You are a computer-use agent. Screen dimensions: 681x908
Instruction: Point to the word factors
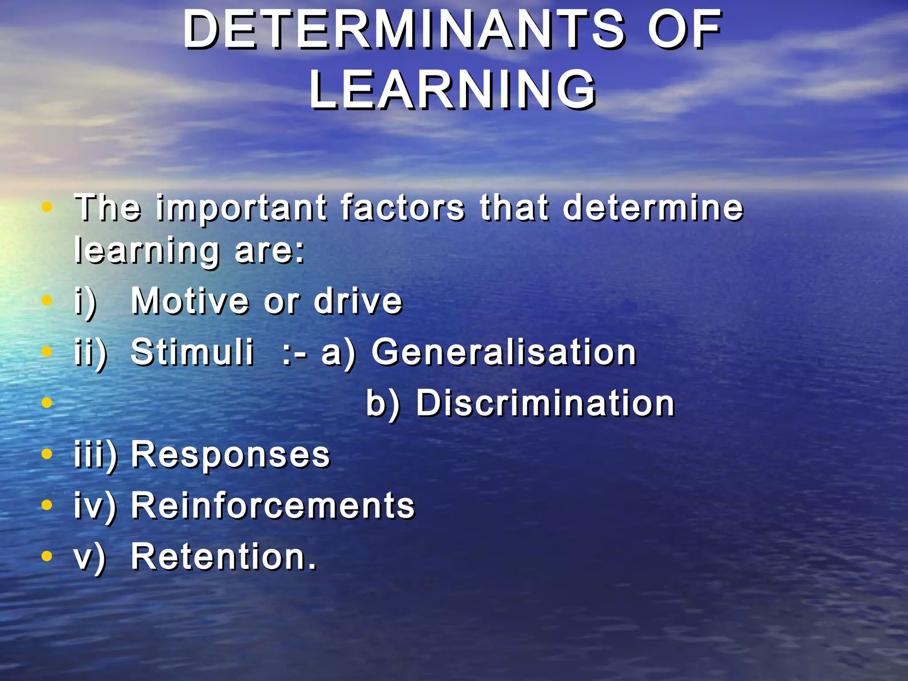click(x=403, y=207)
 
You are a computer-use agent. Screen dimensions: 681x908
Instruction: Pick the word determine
click(x=653, y=207)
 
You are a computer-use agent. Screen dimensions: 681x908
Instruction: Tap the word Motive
click(x=190, y=301)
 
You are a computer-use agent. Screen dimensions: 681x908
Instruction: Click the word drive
click(x=358, y=301)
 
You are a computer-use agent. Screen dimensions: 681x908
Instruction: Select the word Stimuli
click(x=192, y=352)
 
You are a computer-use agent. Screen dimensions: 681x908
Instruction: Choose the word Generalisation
click(x=504, y=352)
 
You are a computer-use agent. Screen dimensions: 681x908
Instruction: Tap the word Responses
click(x=231, y=455)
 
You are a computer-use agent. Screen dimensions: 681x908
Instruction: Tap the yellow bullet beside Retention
click(x=47, y=556)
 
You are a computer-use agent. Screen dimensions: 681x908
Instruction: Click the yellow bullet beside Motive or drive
click(x=47, y=301)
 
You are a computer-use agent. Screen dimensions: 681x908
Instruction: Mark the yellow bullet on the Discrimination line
click(x=47, y=403)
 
